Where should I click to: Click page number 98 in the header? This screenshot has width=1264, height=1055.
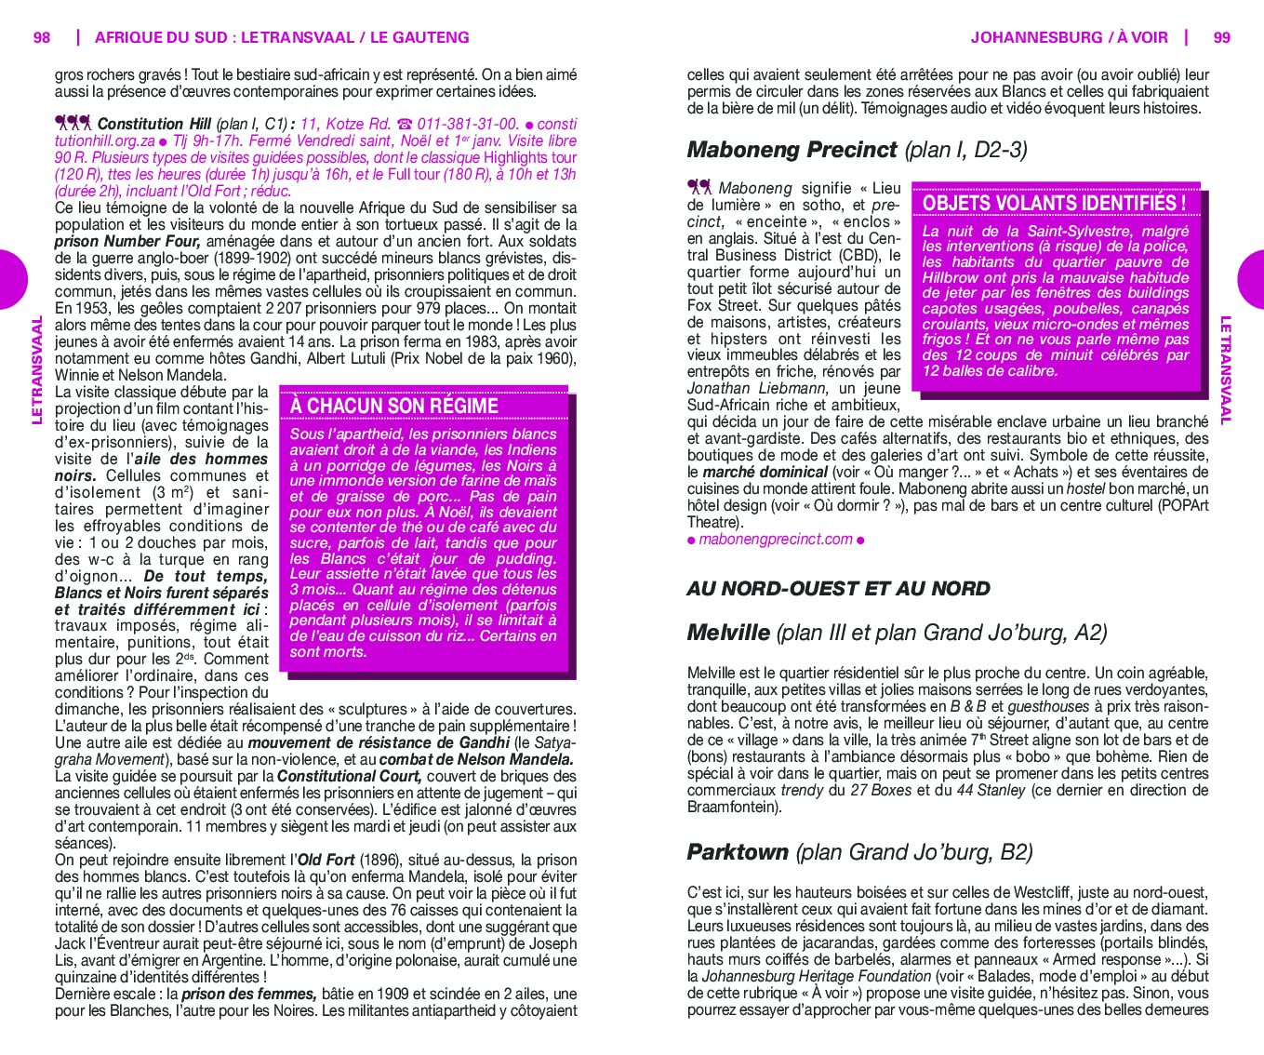pyautogui.click(x=42, y=38)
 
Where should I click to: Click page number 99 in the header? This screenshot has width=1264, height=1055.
pyautogui.click(x=1221, y=38)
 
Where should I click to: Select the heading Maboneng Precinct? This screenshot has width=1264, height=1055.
pyautogui.click(x=792, y=150)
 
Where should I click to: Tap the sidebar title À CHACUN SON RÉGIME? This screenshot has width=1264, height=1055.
pyautogui.click(x=393, y=407)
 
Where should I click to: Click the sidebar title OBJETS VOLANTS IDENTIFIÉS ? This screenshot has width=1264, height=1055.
pyautogui.click(x=1054, y=203)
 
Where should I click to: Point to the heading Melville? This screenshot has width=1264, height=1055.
pyautogui.click(x=728, y=634)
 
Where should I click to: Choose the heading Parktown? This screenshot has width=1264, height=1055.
pyautogui.click(x=738, y=852)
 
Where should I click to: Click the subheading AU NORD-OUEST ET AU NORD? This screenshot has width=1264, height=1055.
pyautogui.click(x=838, y=589)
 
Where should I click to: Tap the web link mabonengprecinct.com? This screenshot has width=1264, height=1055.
pyautogui.click(x=776, y=540)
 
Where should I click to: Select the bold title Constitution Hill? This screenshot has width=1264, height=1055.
pyautogui.click(x=154, y=125)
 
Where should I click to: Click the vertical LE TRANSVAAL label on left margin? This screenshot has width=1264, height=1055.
pyautogui.click(x=38, y=370)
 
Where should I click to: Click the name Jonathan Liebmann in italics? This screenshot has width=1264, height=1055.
pyautogui.click(x=756, y=389)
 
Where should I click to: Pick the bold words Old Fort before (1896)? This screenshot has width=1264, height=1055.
pyautogui.click(x=326, y=861)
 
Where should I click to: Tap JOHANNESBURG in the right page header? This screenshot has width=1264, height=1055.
pyautogui.click(x=1036, y=38)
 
